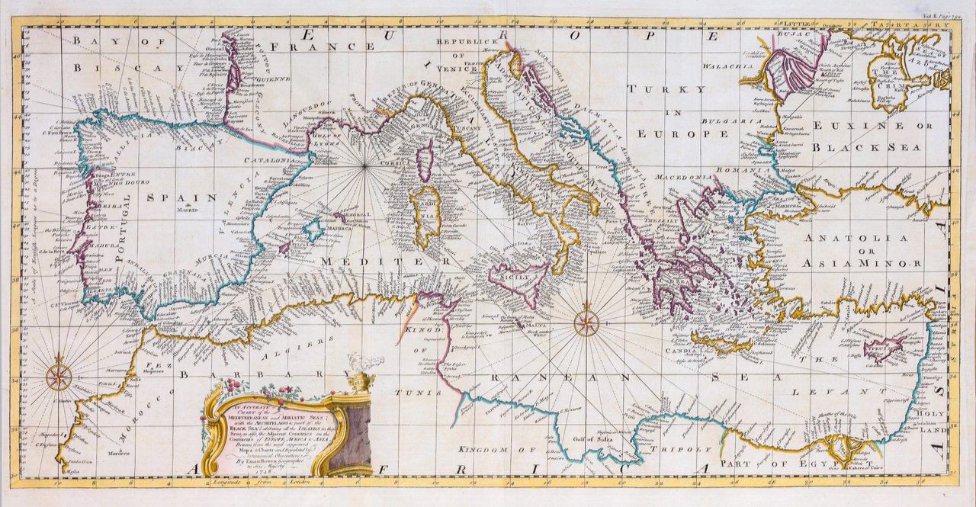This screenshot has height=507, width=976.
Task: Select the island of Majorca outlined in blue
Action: pos(312,228)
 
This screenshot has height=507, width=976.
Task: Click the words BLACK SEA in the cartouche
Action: pos(236,430)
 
